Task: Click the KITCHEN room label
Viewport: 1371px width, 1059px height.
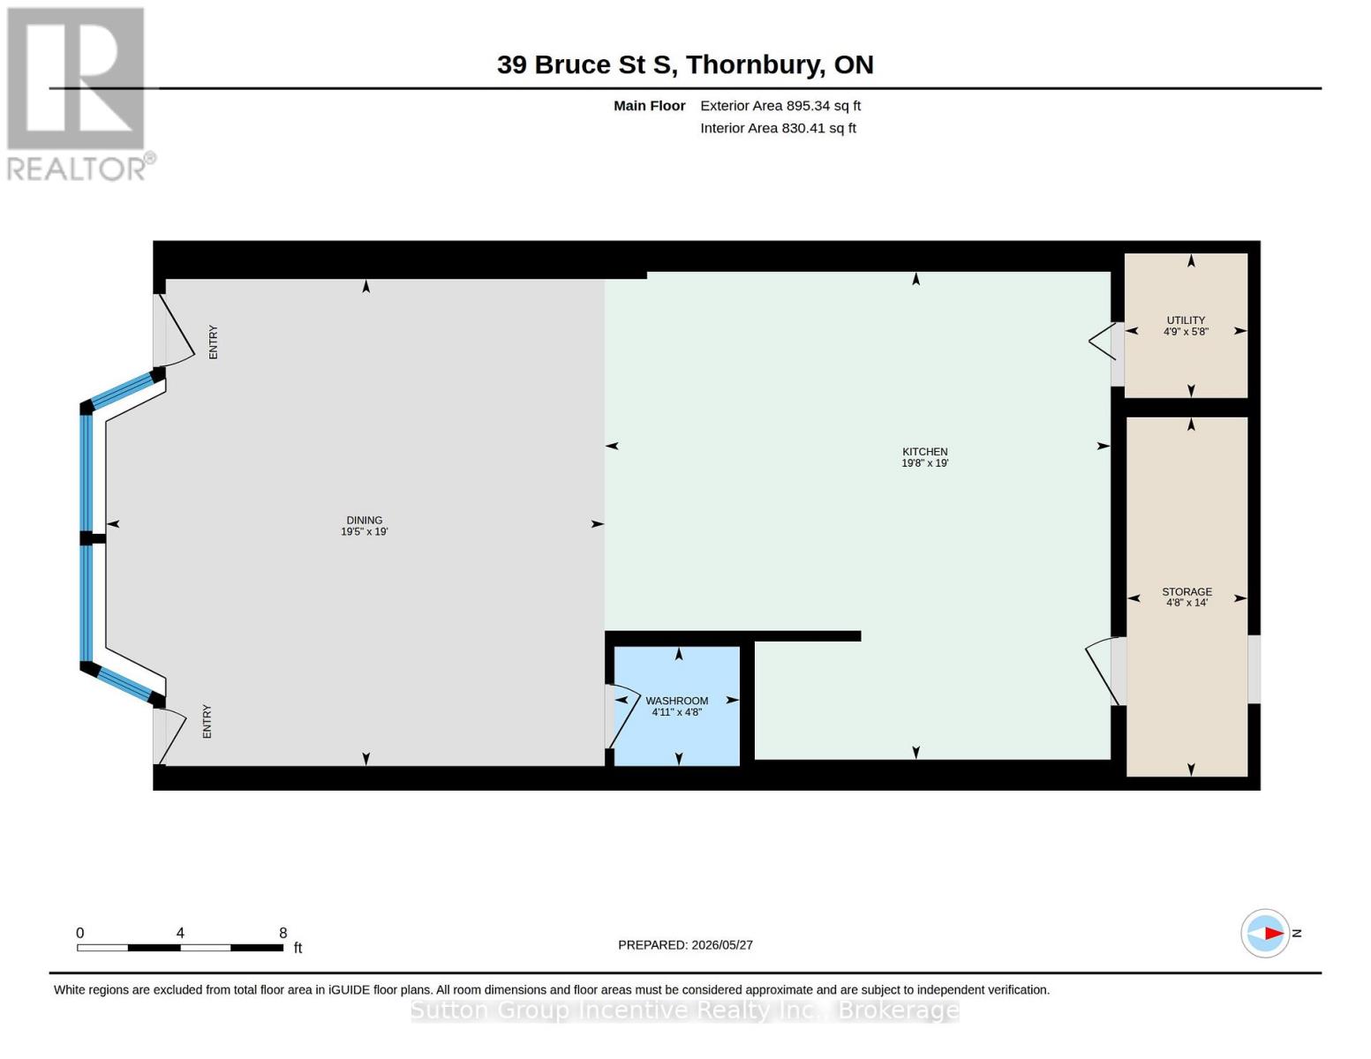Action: coord(924,452)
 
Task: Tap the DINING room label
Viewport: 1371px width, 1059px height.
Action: coord(364,521)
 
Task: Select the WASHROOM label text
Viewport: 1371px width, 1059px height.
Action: coord(676,701)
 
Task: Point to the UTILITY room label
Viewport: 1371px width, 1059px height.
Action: coord(1186,320)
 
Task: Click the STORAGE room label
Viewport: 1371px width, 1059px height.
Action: coord(1186,591)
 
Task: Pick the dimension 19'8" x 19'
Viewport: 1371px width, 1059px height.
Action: coord(924,463)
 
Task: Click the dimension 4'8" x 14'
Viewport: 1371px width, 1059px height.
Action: coord(1186,603)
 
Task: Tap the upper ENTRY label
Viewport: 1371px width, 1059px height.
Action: coord(214,342)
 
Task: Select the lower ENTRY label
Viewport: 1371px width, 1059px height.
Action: coord(207,722)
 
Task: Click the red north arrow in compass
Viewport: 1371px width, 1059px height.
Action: coord(1274,934)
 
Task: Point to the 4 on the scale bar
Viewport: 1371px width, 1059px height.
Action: coord(180,933)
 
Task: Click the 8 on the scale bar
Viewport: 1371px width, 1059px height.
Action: coord(283,933)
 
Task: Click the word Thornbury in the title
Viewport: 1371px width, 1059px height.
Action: coord(755,65)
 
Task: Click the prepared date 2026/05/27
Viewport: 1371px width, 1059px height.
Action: coord(722,945)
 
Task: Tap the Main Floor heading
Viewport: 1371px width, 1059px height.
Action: coord(649,106)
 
